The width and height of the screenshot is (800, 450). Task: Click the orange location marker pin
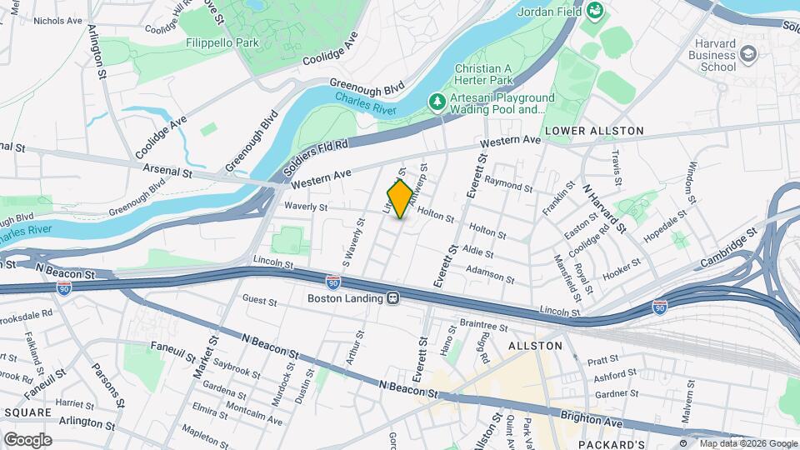click(x=400, y=199)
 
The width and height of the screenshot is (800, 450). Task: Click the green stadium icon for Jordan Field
click(x=595, y=11)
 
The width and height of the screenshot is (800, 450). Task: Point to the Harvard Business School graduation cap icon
click(x=748, y=55)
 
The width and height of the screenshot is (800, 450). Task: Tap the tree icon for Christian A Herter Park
click(x=437, y=102)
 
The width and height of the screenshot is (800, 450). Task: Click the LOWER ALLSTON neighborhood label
click(x=594, y=131)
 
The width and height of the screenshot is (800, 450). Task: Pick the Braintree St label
click(x=483, y=326)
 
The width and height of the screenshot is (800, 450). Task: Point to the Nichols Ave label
click(x=56, y=20)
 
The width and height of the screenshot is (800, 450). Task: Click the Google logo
click(x=27, y=439)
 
